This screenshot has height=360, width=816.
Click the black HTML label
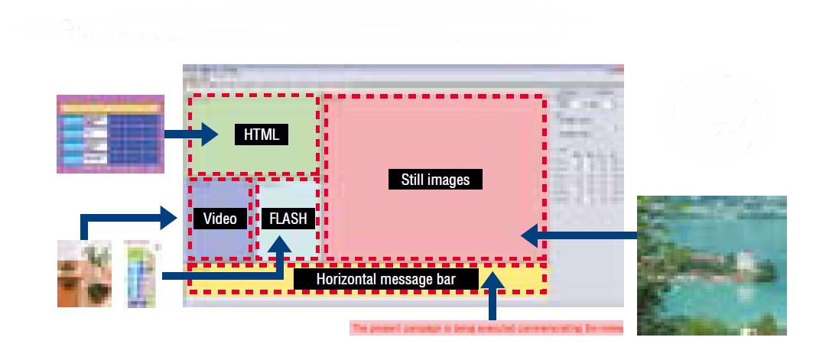click(x=262, y=135)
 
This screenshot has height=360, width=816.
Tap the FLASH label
click(x=288, y=219)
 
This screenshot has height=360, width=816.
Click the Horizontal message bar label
click(x=385, y=279)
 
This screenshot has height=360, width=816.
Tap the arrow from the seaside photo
click(x=581, y=235)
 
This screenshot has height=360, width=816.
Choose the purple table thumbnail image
click(x=111, y=134)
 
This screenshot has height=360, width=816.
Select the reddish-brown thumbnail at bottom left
click(x=85, y=273)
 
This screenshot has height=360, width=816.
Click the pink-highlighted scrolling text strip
click(x=486, y=329)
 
